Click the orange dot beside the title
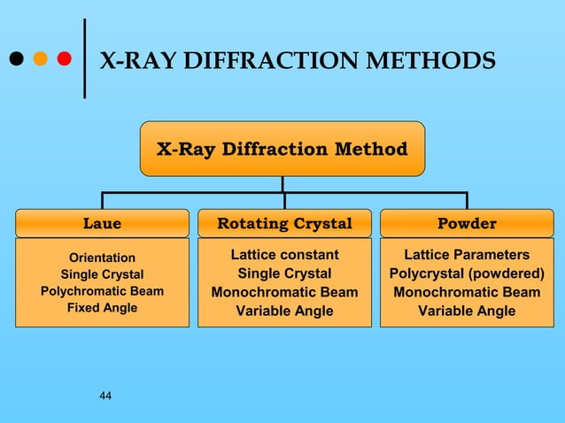tap(40, 59)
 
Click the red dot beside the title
tap(64, 59)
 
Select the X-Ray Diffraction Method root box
tap(282, 149)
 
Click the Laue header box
tap(102, 223)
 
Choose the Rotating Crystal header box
tap(284, 223)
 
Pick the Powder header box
tap(467, 223)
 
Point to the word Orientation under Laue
tap(102, 258)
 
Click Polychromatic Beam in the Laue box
tap(102, 291)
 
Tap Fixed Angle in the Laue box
tap(102, 308)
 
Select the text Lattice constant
tap(284, 255)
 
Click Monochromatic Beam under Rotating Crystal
tap(284, 292)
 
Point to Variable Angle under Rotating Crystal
tap(284, 311)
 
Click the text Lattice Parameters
tap(467, 255)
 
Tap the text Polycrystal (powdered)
tap(467, 273)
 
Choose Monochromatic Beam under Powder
tap(467, 292)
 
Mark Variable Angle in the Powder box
tap(467, 311)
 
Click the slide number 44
tap(105, 395)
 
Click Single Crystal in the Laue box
tap(102, 274)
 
